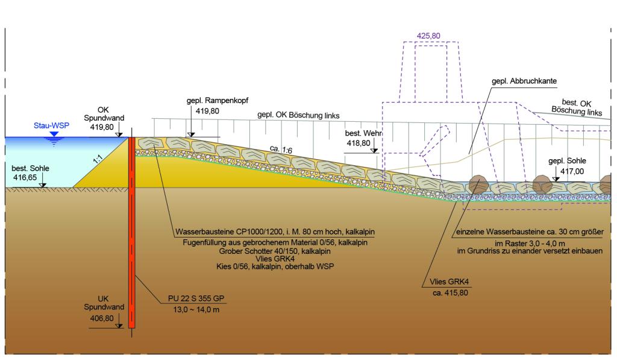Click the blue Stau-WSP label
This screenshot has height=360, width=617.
pos(51,125)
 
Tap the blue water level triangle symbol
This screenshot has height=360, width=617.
pos(54,134)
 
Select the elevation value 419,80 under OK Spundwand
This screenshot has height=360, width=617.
pos(101,127)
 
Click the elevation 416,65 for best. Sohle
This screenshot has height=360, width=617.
pos(25,178)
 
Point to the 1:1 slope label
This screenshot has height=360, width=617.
pos(98,159)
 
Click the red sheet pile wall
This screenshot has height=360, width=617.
pos(132,232)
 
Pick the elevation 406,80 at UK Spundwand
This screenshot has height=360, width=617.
pos(101,318)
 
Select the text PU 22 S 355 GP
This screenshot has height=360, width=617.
pos(196,298)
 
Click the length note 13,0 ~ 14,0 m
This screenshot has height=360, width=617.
pos(196,309)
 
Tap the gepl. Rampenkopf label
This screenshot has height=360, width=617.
pos(218,101)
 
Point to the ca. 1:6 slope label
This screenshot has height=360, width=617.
pos(281,150)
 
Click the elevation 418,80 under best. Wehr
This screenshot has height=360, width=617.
pos(359,144)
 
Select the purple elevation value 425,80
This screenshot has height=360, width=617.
pos(428,36)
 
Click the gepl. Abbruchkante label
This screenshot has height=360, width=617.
pos(524,81)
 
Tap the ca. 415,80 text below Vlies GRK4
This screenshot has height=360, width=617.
pos(450,292)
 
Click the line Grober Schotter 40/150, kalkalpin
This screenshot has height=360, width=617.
pos(275,251)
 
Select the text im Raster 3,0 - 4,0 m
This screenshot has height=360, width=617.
pos(530,244)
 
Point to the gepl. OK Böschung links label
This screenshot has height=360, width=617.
pos(298,115)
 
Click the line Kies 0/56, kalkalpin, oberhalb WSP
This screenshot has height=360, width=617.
pos(275,267)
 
